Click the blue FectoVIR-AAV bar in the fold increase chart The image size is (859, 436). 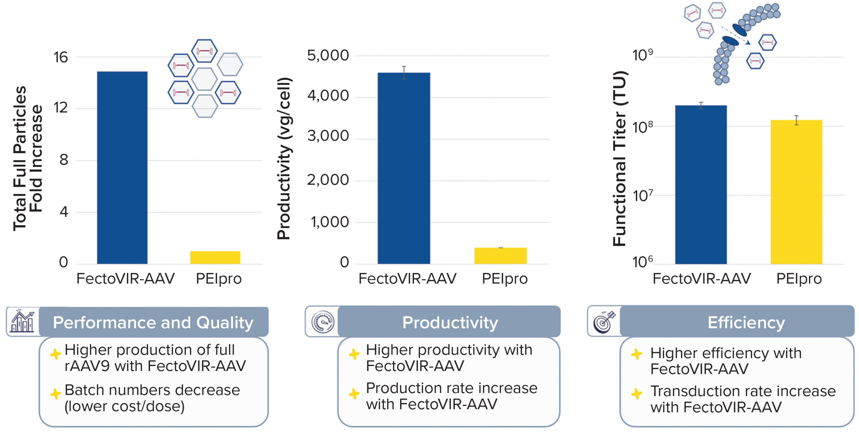point(122,168)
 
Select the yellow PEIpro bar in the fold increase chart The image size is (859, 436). point(215,258)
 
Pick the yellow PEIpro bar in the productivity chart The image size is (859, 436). point(500,256)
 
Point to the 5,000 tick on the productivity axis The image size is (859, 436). point(328,56)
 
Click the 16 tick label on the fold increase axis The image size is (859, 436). point(61,57)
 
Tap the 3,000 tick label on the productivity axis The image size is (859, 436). point(328,136)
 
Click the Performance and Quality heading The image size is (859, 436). point(153,322)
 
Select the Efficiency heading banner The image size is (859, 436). point(746,322)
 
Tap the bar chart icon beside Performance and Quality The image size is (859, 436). point(22,322)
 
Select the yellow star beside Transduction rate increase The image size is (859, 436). point(637,393)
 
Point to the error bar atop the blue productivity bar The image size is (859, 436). point(404,72)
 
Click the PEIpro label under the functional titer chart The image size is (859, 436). point(799,279)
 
